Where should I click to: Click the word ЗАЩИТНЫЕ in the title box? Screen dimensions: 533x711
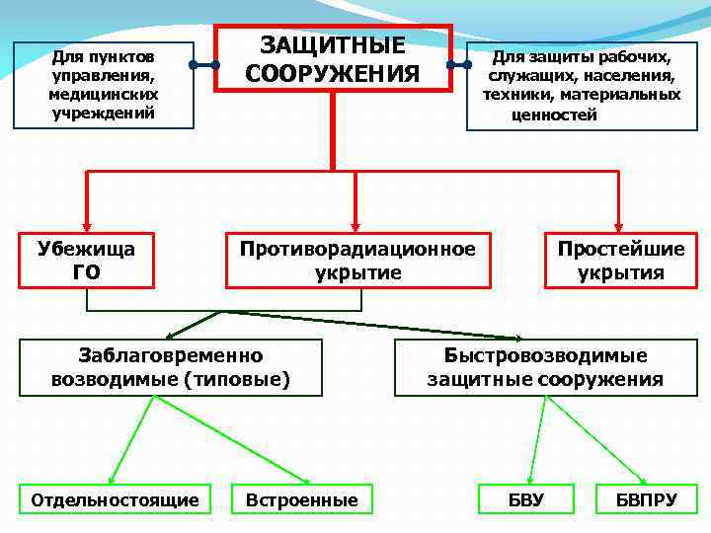(333, 45)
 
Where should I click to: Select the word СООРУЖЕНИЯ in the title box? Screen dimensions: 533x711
(333, 74)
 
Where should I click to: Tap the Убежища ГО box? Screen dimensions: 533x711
(86, 260)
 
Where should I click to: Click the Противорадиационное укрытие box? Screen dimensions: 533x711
(357, 260)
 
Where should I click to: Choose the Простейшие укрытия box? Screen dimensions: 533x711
(620, 260)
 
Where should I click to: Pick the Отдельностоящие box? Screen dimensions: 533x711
(115, 499)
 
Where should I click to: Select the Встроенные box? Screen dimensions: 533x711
(301, 499)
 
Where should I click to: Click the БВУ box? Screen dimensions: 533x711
(525, 499)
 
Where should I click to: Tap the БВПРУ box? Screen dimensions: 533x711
(646, 499)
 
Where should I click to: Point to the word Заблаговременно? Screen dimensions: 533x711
(170, 355)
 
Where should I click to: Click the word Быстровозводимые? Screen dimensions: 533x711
(545, 355)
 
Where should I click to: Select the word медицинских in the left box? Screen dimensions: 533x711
(104, 95)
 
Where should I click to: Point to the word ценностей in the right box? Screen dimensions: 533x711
(554, 114)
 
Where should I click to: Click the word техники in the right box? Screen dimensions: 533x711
(515, 95)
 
